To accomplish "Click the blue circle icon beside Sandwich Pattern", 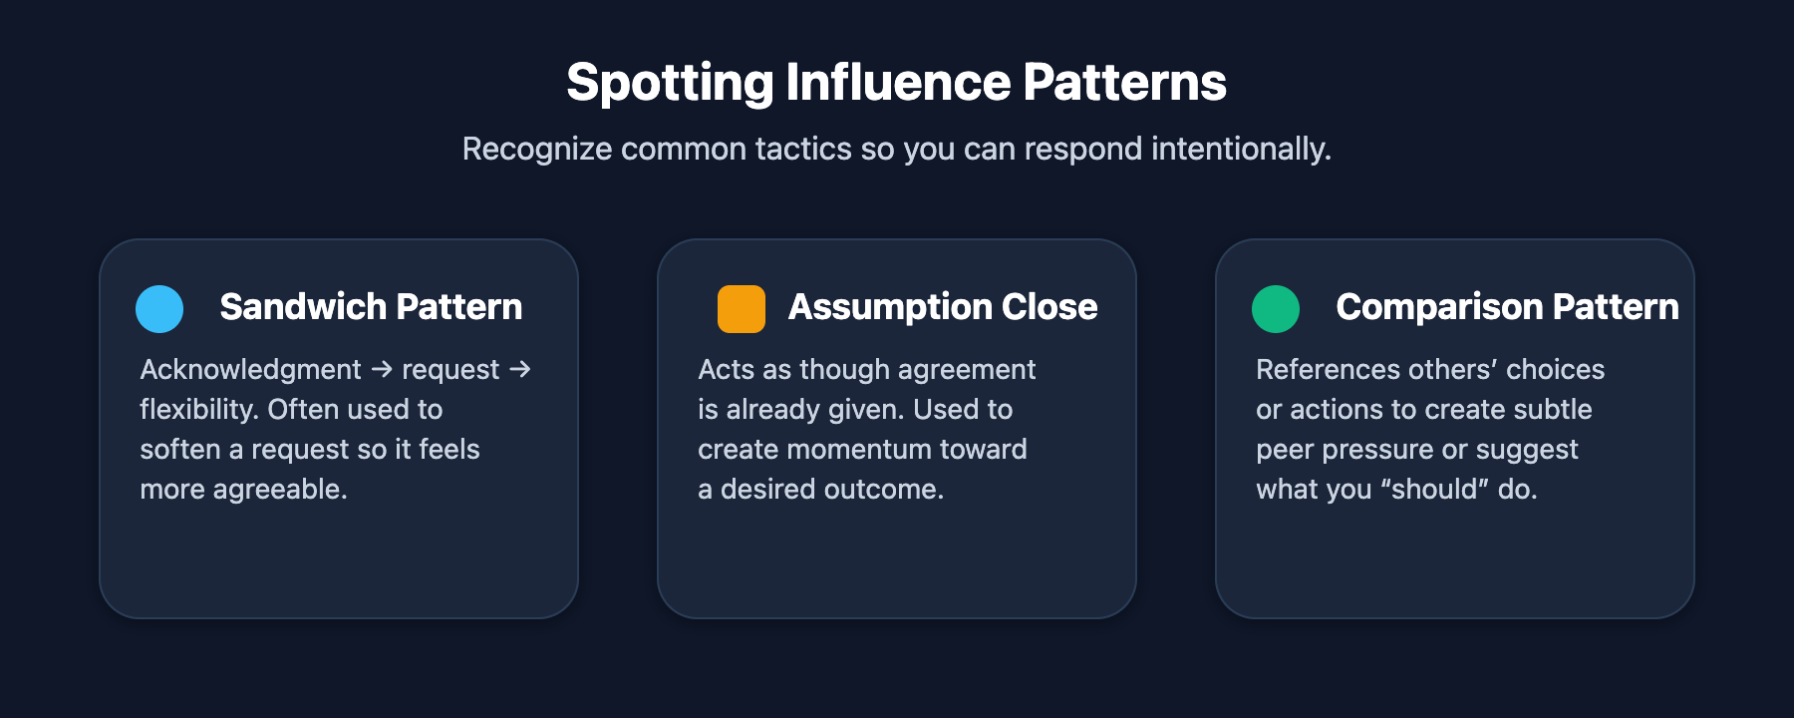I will tap(159, 309).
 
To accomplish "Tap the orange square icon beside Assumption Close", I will tap(742, 309).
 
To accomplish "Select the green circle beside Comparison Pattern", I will tap(1276, 309).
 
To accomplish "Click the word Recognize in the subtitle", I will tap(537, 149).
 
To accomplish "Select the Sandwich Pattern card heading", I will tap(371, 307).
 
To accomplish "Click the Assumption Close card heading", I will tap(943, 307).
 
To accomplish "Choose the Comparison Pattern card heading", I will tap(1507, 307).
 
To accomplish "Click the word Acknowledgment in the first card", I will tap(250, 370).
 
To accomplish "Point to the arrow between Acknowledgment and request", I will tap(382, 370).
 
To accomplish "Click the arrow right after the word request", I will tap(519, 370).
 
